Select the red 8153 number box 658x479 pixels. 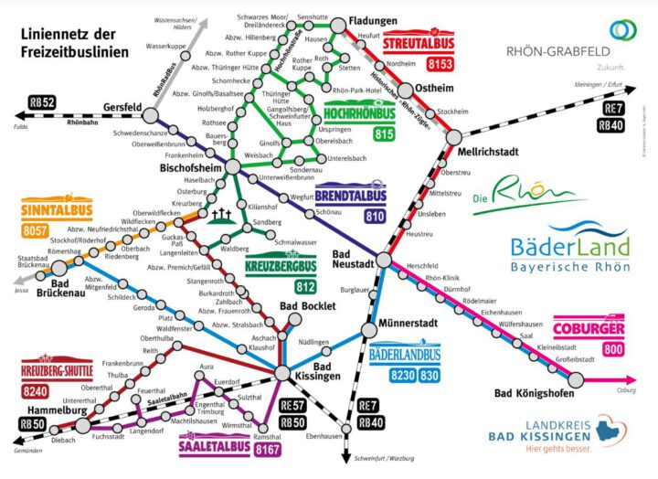click(x=442, y=65)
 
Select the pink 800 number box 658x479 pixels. click(x=612, y=348)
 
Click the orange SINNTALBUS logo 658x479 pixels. click(x=46, y=209)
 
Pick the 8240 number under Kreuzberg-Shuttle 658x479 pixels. click(x=36, y=392)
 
